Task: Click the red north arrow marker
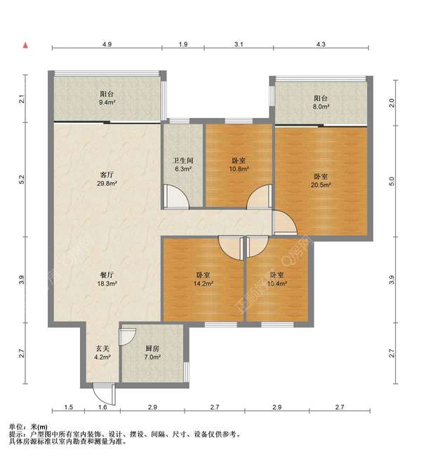point(26,46)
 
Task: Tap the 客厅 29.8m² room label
point(107,179)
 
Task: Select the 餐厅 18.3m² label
point(107,279)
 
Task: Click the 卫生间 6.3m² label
point(183,164)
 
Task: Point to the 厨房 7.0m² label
point(152,353)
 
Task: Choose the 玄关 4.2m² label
point(102,353)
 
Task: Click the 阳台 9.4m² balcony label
point(107,98)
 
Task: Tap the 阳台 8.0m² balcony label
point(321,102)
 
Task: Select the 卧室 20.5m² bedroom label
point(321,180)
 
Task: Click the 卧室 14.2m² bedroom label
point(203,279)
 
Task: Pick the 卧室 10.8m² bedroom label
point(239,164)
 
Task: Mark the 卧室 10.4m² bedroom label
point(276,279)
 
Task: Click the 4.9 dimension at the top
point(107,44)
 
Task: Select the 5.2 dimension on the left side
point(21,179)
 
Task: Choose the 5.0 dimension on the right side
point(392,182)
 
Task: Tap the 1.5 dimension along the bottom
point(69,407)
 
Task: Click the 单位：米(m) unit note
point(28,427)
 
